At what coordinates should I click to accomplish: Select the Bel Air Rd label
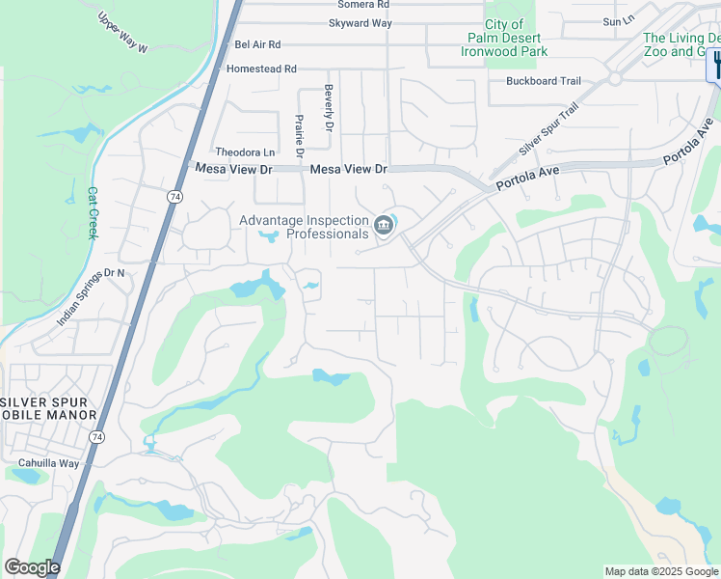(257, 44)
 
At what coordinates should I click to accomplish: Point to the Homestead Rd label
(261, 69)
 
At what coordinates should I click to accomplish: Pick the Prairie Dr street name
(299, 135)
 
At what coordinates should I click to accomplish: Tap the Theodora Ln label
(245, 152)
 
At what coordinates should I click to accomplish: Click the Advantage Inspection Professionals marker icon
(384, 227)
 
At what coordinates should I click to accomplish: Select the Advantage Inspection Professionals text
(305, 228)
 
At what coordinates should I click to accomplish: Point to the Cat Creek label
(93, 213)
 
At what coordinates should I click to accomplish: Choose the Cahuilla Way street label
(48, 463)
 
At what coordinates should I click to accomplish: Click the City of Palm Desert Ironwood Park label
(502, 38)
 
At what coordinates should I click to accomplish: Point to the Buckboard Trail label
(544, 81)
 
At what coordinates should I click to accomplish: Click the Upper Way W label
(123, 33)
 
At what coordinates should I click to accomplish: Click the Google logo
(32, 567)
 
